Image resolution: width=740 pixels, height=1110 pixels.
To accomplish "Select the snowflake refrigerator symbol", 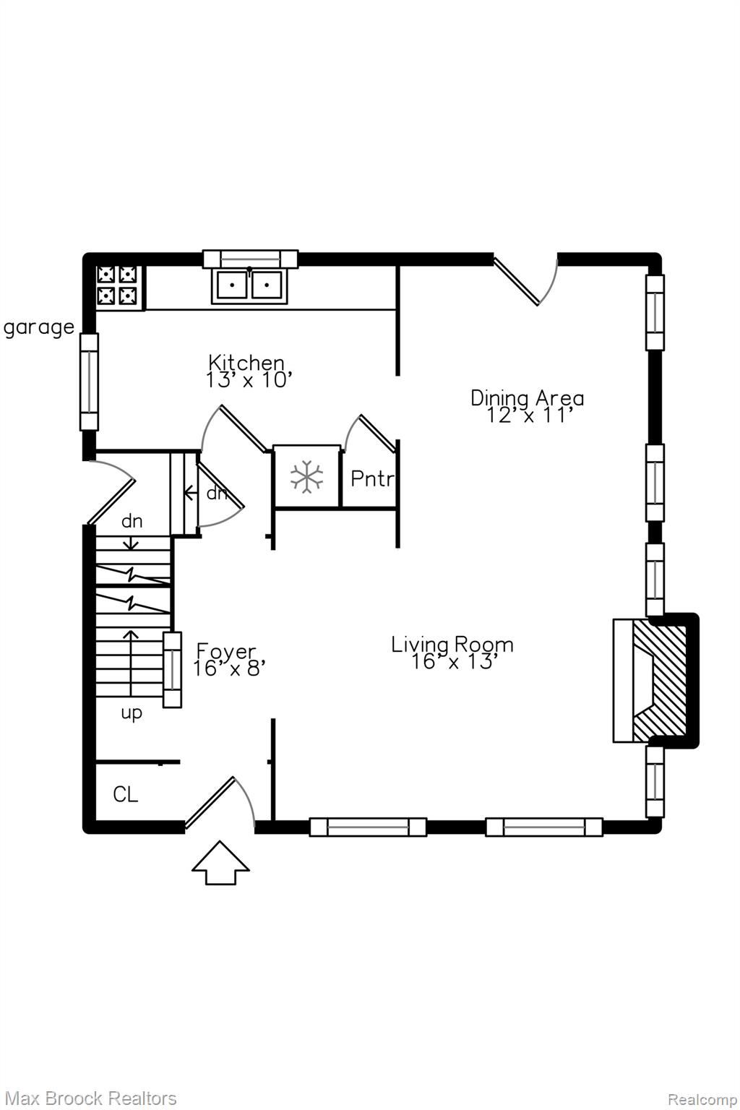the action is coord(307,476).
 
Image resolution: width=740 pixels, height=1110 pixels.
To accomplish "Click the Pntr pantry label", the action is coord(372,478).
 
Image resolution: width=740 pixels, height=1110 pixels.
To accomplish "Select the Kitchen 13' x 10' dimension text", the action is coord(247,371).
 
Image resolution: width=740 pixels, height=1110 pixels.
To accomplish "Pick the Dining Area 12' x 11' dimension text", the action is coord(528,406).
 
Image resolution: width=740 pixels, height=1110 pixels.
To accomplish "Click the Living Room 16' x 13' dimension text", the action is coord(452,653).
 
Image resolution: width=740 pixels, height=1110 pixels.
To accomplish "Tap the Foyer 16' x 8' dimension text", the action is coord(228,660).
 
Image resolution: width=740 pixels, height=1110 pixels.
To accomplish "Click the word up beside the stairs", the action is coord(132,713).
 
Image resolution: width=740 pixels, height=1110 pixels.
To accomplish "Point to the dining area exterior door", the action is coord(525,280).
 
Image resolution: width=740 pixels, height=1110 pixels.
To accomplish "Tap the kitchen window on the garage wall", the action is coord(89,382).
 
